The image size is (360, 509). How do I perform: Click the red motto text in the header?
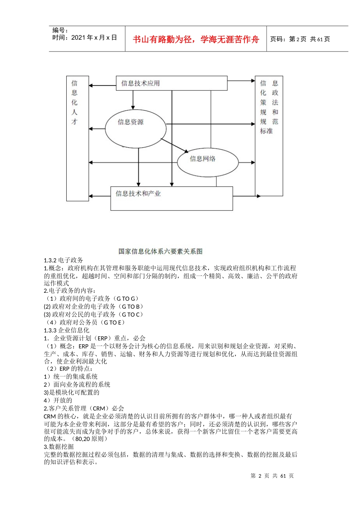pyautogui.click(x=196, y=39)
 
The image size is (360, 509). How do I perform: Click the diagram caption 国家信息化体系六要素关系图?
pyautogui.click(x=160, y=251)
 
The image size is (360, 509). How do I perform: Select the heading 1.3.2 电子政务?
pyautogui.click(x=63, y=260)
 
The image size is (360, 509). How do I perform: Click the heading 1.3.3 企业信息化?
pyautogui.click(x=66, y=330)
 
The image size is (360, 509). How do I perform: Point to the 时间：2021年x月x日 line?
pyautogui.click(x=85, y=38)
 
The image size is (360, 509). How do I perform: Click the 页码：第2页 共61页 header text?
pyautogui.click(x=300, y=39)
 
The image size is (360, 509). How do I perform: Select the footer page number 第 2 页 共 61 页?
pyautogui.click(x=272, y=476)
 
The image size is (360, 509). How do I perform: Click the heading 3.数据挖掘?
pyautogui.click(x=59, y=447)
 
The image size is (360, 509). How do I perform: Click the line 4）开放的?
pyautogui.click(x=58, y=400)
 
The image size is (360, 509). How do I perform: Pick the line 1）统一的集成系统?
pyautogui.click(x=71, y=376)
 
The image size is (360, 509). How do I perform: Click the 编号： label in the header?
pyautogui.click(x=60, y=30)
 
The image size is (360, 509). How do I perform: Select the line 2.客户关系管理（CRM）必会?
pyautogui.click(x=84, y=408)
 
